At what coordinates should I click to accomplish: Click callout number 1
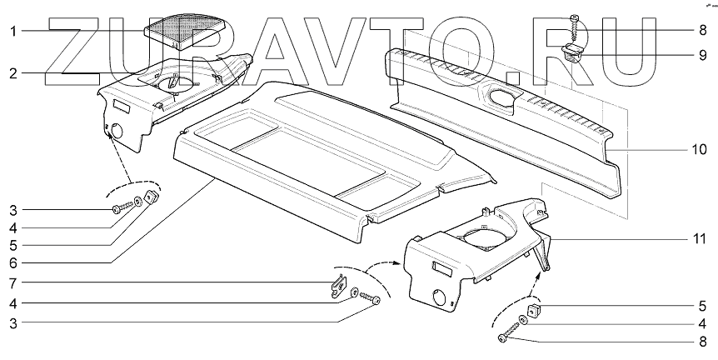[12, 32]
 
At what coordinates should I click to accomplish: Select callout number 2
[12, 72]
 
